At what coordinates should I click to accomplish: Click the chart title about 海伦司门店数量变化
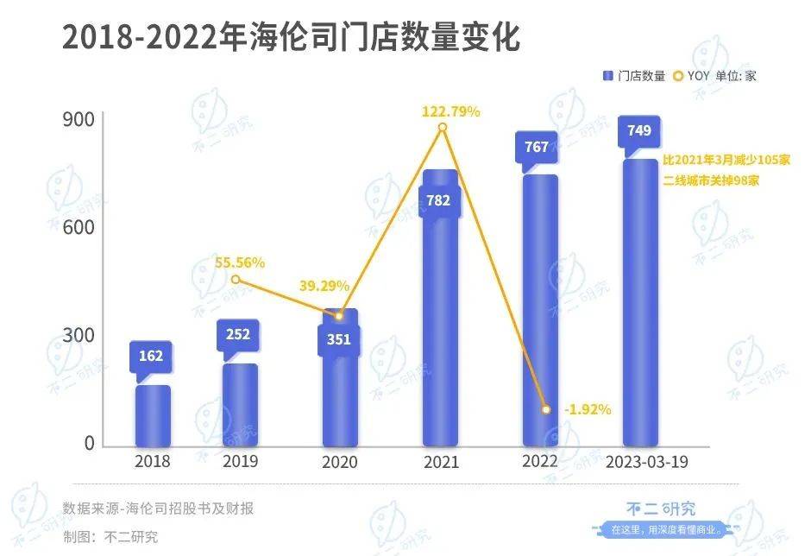point(291,38)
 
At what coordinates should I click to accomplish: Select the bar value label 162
point(150,356)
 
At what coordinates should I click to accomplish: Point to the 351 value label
point(339,339)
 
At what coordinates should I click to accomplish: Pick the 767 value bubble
point(536,147)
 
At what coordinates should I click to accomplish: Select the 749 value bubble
point(639,131)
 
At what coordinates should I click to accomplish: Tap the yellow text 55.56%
point(240,262)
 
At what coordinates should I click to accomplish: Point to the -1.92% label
point(587,409)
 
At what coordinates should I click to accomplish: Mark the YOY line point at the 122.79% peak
point(443,128)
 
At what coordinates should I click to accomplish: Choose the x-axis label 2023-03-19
point(648,461)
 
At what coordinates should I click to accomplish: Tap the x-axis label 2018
point(153,461)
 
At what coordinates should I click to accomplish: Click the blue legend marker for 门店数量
point(607,76)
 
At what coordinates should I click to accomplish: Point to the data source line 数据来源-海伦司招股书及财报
point(158,509)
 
